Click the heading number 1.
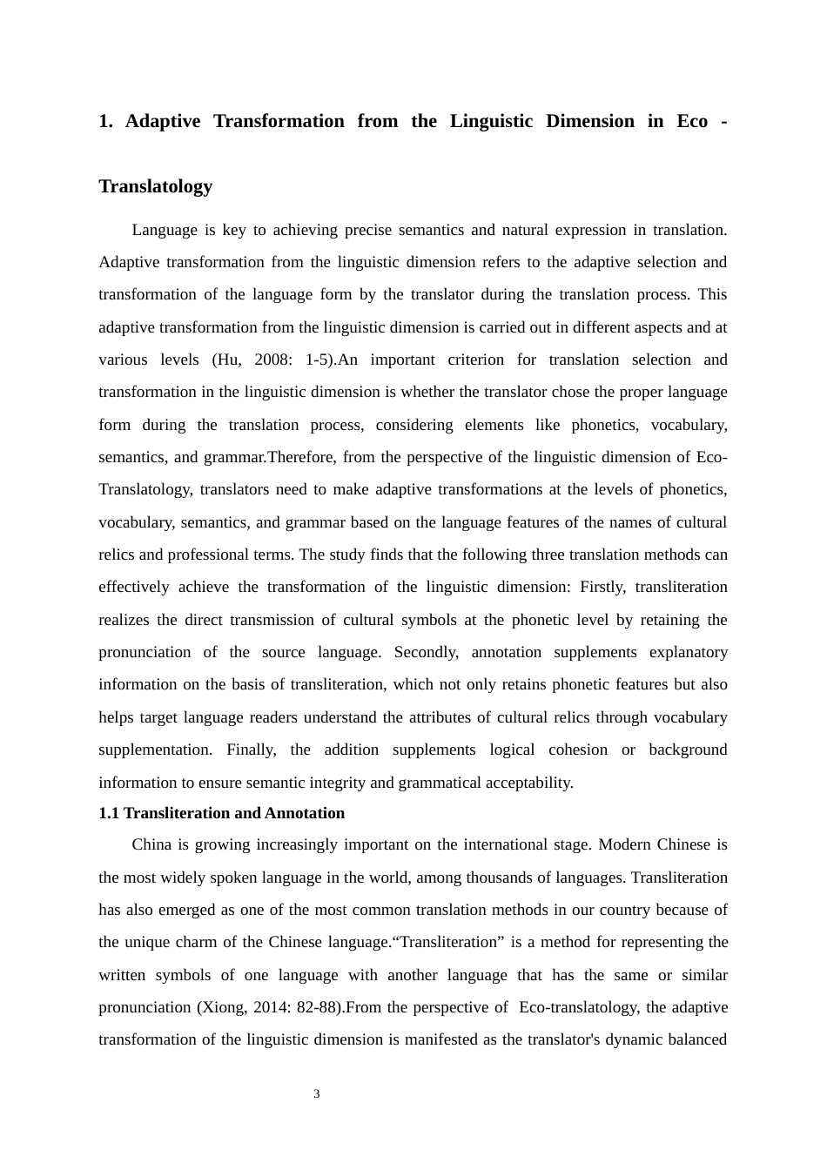(104, 121)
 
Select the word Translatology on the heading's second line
(156, 186)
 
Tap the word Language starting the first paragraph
(165, 230)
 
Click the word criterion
(475, 360)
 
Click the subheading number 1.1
(109, 813)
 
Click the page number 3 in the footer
(317, 1094)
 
